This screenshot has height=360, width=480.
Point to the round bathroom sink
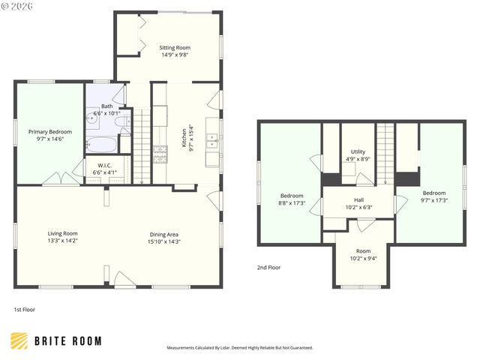pos(91,118)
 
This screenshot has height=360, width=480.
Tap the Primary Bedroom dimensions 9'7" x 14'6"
pos(50,139)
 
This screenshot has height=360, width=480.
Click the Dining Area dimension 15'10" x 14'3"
pos(163,241)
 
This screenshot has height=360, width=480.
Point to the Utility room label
pos(357,152)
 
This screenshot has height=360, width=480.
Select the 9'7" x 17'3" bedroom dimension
pos(433,199)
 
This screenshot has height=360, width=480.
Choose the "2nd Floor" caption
pos(268,267)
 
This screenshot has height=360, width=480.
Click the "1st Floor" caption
pos(24,309)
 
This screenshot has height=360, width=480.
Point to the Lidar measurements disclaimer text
pos(239,348)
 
